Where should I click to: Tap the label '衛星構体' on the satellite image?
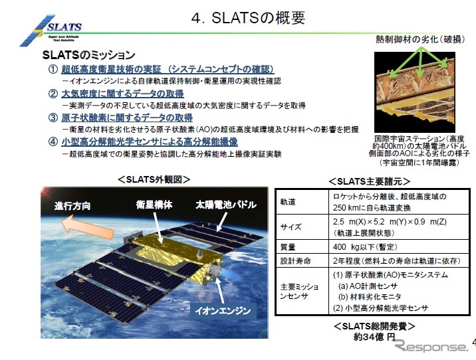154,205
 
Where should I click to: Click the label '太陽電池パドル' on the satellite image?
226,205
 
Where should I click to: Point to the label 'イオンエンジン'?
223,310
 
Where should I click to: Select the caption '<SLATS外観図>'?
154,179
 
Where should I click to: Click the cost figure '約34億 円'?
374,337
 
